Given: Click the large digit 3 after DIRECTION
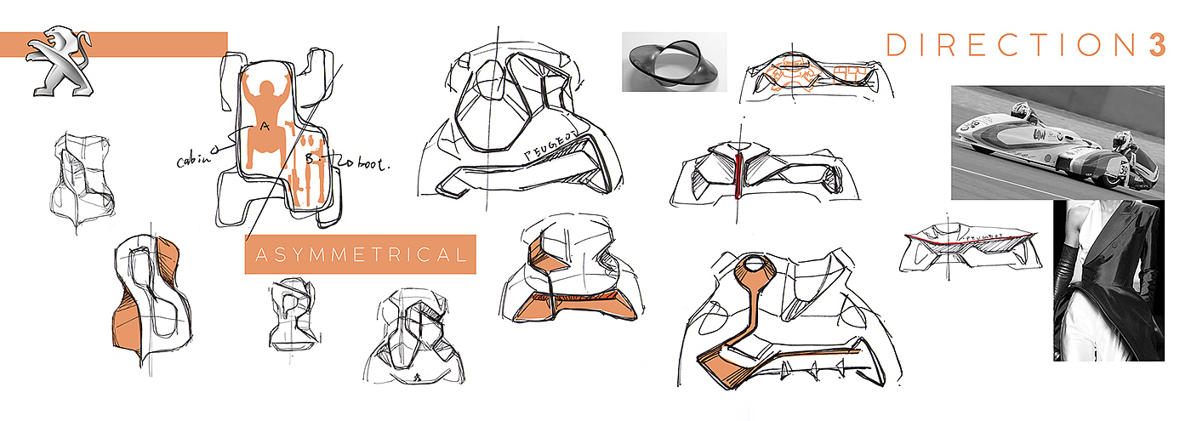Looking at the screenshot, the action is click(x=1154, y=44).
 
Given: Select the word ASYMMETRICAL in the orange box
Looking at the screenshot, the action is click(x=360, y=254).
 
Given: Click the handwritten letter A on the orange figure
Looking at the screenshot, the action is click(x=265, y=126).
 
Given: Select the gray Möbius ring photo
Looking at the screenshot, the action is click(x=674, y=62).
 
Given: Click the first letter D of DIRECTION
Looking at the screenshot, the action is click(x=895, y=45).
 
